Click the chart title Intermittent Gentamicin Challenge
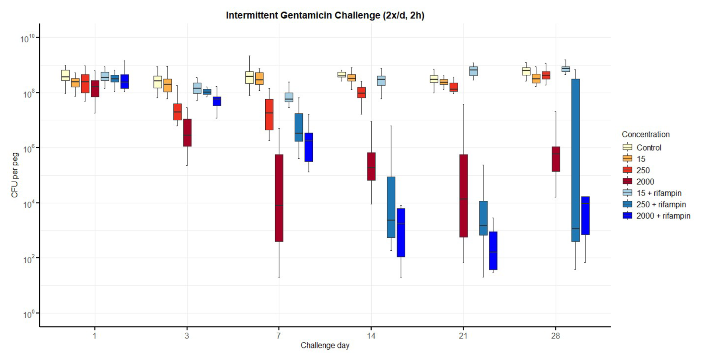tap(325, 16)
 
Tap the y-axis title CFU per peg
tap(14, 175)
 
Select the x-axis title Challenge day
tap(325, 346)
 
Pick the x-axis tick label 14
tap(371, 336)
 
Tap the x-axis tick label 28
tap(555, 336)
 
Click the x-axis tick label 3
tap(187, 336)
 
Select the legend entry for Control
tap(649, 148)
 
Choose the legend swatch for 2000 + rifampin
tap(627, 216)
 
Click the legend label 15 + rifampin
tap(659, 193)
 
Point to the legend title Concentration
tap(645, 134)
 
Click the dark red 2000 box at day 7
tap(279, 198)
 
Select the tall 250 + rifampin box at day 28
tap(575, 160)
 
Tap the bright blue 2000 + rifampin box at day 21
tap(493, 251)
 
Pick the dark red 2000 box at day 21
tap(464, 196)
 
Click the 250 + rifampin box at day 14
tap(391, 207)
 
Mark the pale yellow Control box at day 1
tap(66, 75)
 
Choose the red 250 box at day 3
tap(177, 112)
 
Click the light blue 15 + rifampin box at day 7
tap(289, 97)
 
